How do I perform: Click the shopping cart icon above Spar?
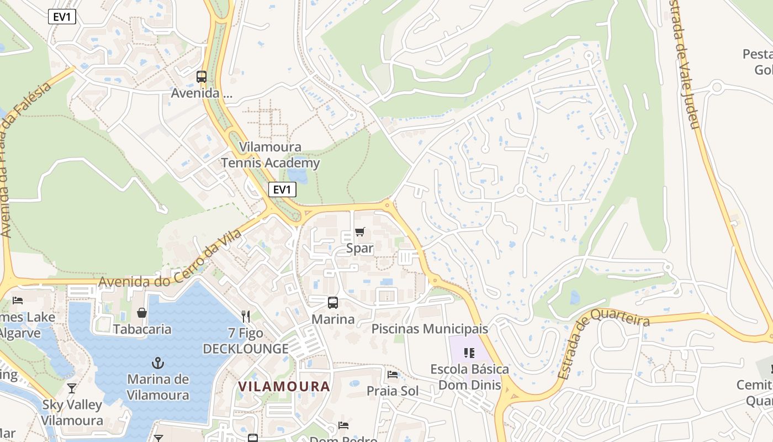coord(360,232)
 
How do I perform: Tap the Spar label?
coord(360,249)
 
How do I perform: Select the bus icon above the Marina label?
coord(333,303)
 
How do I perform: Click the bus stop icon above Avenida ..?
coord(202,77)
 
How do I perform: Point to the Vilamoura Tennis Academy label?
coord(271,155)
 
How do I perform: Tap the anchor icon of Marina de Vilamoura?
coord(158,363)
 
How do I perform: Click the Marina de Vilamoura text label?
coord(158,387)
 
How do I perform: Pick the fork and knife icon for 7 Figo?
coord(246,317)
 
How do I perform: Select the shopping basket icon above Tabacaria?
coord(142,313)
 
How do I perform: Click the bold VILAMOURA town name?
coord(284,386)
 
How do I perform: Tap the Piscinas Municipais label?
coord(430,329)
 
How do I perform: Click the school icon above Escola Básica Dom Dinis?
coord(469,352)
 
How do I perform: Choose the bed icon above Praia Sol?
coord(393,375)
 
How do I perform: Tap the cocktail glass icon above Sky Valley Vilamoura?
coord(72,388)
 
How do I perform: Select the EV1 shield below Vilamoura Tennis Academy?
coord(282,190)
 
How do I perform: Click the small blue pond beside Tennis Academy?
coord(297,176)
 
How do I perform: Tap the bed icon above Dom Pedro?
coord(343,425)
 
